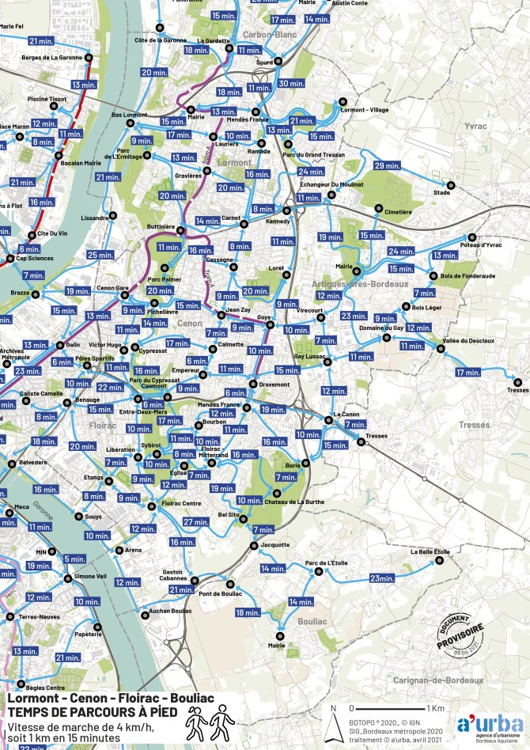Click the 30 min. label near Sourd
pyautogui.click(x=291, y=84)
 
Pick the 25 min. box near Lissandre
pyautogui.click(x=100, y=255)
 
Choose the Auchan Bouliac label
pyautogui.click(x=170, y=611)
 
